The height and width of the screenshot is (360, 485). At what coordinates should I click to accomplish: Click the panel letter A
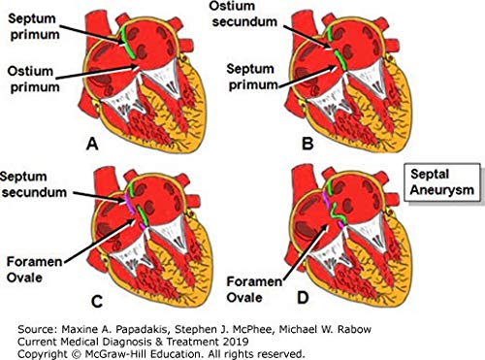coord(92,144)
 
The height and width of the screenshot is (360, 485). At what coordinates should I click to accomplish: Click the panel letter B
coord(307,144)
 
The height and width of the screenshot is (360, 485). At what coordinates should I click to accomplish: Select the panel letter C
coord(97,302)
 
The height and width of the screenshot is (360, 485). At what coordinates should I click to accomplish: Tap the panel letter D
coord(303,298)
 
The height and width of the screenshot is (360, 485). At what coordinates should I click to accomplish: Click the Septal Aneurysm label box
coord(442,182)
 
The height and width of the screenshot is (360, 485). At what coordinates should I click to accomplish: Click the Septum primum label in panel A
coord(34,26)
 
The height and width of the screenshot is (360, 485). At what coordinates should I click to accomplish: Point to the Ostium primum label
coord(34,80)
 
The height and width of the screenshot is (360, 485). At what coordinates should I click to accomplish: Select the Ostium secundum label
coord(243,14)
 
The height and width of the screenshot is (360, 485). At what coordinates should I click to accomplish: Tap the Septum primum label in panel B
coord(252,77)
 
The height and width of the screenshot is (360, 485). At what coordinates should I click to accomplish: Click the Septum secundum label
coord(33,184)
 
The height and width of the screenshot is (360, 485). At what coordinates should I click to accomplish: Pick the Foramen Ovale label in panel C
coord(34,270)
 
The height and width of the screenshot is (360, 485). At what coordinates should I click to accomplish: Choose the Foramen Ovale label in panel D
coord(254,289)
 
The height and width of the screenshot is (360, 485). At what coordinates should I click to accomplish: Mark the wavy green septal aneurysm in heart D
coord(339,213)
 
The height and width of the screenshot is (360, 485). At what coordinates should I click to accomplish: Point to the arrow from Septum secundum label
coord(99,198)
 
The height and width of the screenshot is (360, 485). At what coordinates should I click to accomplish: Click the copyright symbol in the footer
coord(76,353)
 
